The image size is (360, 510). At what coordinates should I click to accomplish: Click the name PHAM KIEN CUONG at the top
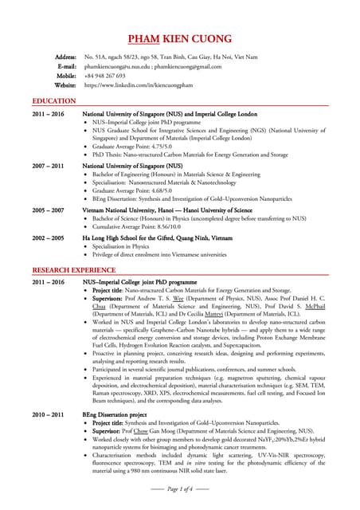pos(180,39)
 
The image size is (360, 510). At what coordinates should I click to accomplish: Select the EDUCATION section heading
pos(54,101)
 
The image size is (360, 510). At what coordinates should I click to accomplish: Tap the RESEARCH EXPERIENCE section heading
pos(74,271)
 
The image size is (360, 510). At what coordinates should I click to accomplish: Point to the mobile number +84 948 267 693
pos(104,76)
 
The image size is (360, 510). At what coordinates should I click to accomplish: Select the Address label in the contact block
pos(65,57)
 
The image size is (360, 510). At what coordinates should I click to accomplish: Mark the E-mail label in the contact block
pos(66,67)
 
